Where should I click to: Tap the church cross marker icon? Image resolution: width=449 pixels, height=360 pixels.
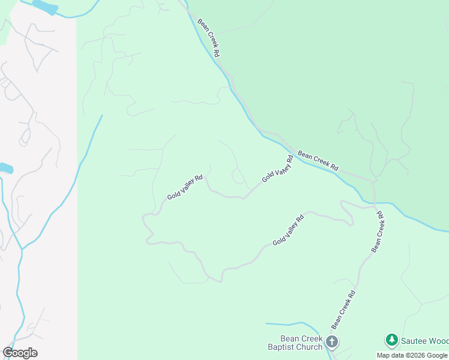[332, 343]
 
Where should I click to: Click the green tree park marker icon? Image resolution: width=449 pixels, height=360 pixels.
[392, 340]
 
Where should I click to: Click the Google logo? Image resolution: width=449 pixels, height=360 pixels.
[20, 353]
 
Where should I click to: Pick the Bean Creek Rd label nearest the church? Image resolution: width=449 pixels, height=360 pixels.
[343, 310]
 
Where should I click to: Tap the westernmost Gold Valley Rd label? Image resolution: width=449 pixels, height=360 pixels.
[185, 187]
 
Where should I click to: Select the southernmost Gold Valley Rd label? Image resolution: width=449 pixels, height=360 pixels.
[289, 230]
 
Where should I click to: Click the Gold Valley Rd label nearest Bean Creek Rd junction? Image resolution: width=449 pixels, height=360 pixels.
[277, 169]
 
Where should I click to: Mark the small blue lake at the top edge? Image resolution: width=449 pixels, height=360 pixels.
[45, 7]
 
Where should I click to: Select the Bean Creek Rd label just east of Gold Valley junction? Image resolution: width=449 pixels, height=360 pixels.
[318, 161]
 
